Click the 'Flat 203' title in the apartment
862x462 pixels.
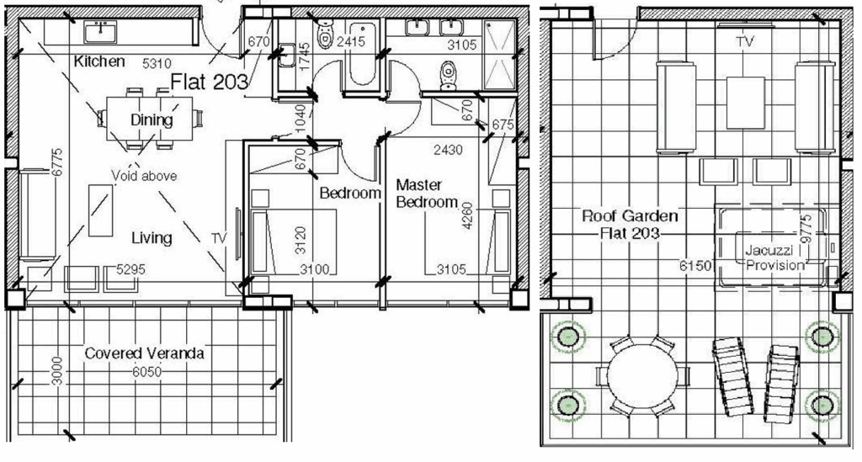[x=210, y=82]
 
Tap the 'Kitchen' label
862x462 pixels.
[x=99, y=61]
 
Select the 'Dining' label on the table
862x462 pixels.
[x=152, y=119]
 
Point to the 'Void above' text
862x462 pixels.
[x=144, y=176]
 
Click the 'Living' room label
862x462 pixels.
[x=152, y=238]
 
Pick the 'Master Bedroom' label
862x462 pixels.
[x=427, y=194]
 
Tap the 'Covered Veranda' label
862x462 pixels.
[x=144, y=353]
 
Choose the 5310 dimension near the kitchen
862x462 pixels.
[x=157, y=62]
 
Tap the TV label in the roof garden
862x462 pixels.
[x=744, y=40]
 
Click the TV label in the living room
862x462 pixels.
[x=219, y=239]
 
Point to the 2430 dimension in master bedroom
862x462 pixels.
[x=448, y=150]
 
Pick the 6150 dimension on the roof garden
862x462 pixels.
[x=696, y=265]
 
